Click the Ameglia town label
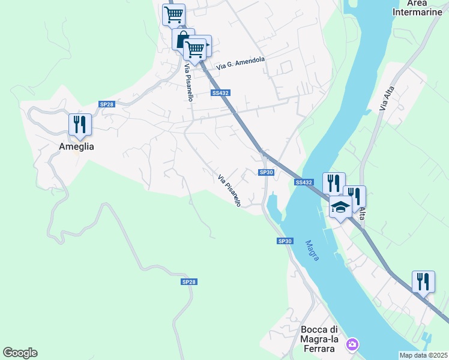click(x=76, y=146)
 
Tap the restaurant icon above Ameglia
click(x=80, y=124)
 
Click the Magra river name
click(x=312, y=250)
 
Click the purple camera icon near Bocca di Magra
click(x=352, y=344)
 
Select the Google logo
click(x=20, y=353)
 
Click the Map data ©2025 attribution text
click(x=423, y=355)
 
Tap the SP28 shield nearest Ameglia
click(x=107, y=104)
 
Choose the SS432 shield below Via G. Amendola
click(x=220, y=93)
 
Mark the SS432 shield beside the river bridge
click(x=304, y=182)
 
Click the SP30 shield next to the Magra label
click(x=285, y=241)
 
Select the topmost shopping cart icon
click(x=173, y=14)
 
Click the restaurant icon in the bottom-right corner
click(x=423, y=281)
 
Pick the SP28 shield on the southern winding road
click(x=188, y=281)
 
